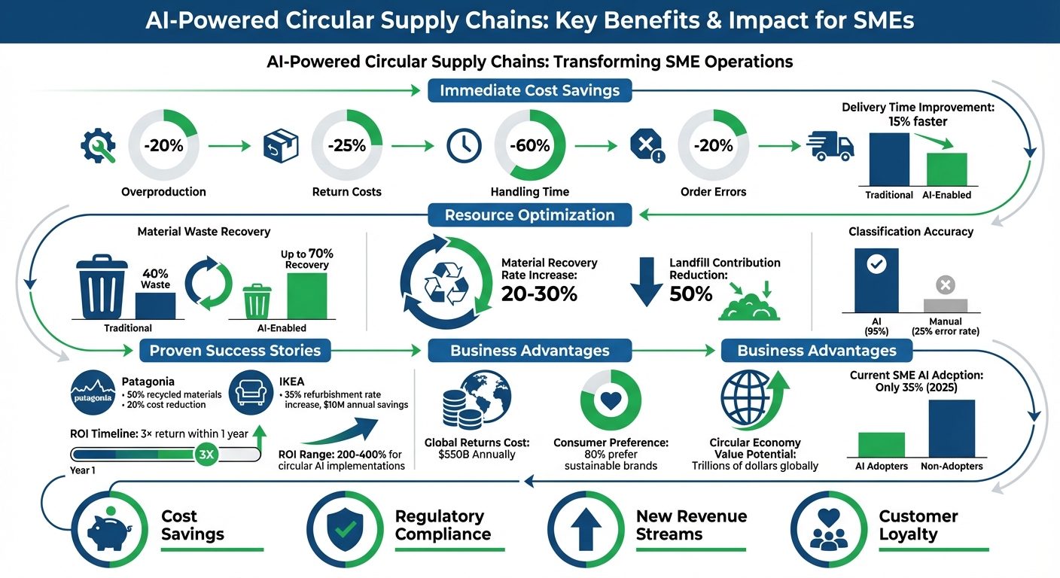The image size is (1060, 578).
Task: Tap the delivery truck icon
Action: pyautogui.click(x=830, y=146)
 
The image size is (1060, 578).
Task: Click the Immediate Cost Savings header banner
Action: pyautogui.click(x=529, y=91)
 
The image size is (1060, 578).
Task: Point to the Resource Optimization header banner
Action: pyautogui.click(x=529, y=215)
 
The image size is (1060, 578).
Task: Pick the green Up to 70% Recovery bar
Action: pyautogui.click(x=306, y=296)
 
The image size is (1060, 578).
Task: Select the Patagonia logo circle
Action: pyautogui.click(x=93, y=393)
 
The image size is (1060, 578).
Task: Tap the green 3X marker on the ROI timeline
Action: pyautogui.click(x=205, y=454)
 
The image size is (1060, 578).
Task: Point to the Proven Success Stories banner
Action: pyautogui.click(x=235, y=350)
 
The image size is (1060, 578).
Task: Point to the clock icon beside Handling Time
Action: pyautogui.click(x=464, y=146)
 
